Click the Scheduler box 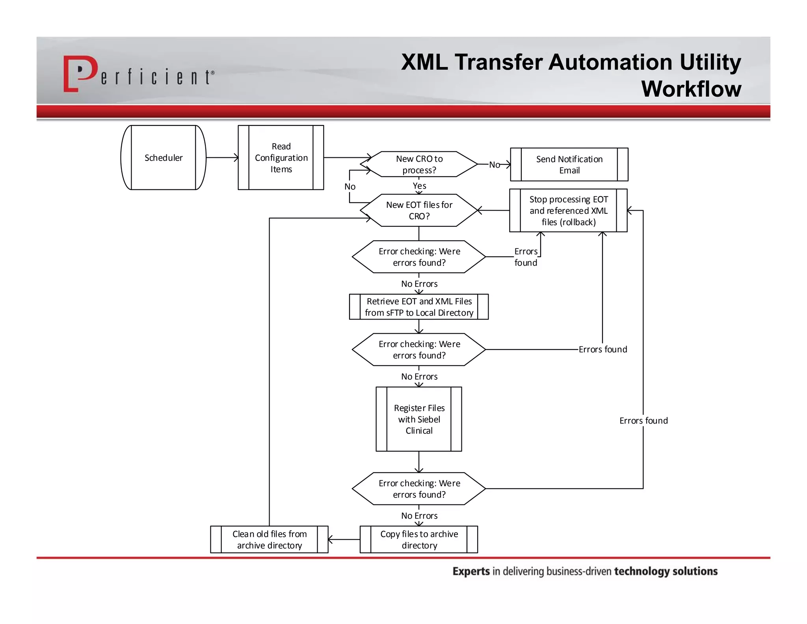click(163, 158)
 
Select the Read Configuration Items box click(281, 158)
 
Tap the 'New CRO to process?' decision click(419, 164)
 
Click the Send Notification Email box click(569, 164)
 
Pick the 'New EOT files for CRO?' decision click(419, 210)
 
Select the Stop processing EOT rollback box click(568, 211)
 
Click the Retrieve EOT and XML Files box click(419, 307)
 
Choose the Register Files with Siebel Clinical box click(419, 419)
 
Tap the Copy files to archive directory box click(419, 539)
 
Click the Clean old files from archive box click(269, 539)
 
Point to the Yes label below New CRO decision click(419, 186)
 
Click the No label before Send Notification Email click(494, 164)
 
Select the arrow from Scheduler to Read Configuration click(222, 158)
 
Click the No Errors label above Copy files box click(419, 516)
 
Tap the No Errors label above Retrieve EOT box click(419, 284)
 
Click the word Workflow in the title click(691, 89)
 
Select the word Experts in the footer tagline click(471, 571)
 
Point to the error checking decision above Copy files click(419, 489)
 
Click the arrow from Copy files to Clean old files click(344, 539)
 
